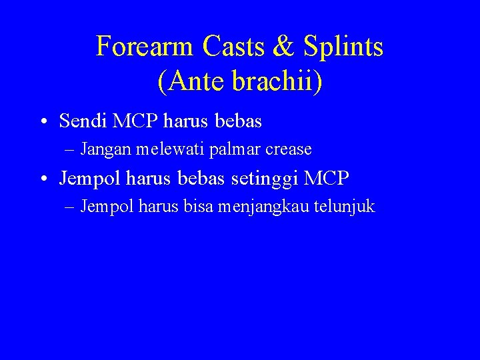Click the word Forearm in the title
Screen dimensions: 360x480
click(145, 47)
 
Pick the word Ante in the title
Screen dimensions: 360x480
click(193, 81)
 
